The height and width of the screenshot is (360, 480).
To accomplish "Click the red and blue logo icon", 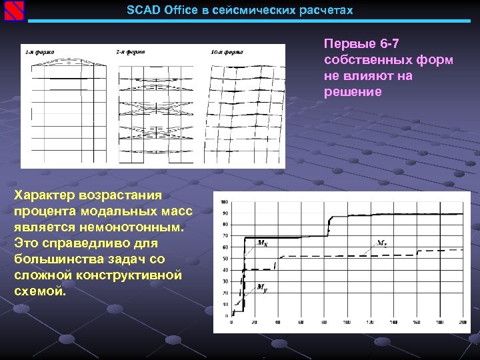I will pos(14,11).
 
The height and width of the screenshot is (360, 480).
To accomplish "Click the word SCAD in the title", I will pos(141,11).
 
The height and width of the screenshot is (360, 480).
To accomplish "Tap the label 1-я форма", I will pos(40,51).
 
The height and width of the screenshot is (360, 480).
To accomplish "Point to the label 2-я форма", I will pos(131,51).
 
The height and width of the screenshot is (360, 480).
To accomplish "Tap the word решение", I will pos(353,92).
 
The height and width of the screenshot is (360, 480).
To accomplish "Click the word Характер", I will pos(45,195).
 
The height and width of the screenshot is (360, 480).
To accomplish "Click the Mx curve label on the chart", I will pos(263,243).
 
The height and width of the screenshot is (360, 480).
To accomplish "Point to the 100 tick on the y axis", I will pos(223,202).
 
